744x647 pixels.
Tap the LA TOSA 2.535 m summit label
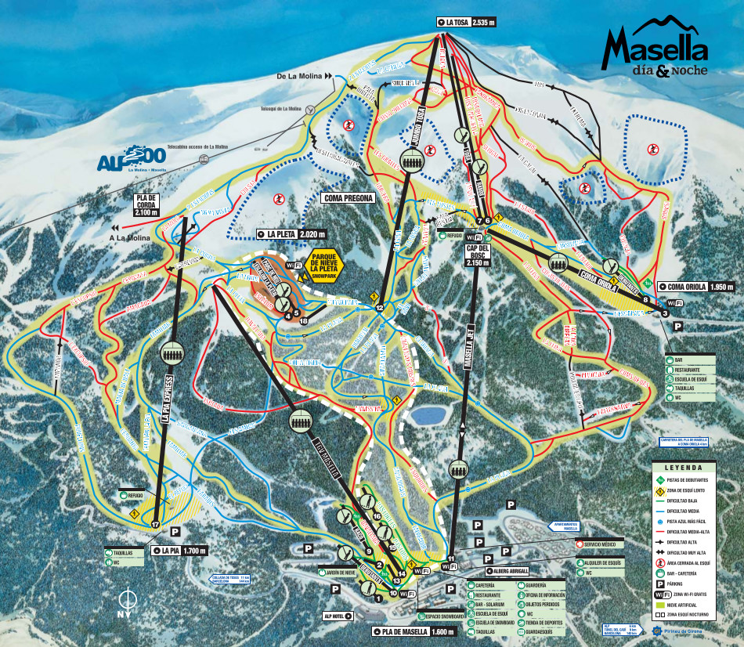coord(467,23)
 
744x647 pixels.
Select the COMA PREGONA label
coord(348,199)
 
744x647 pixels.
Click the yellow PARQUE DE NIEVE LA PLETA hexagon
coord(328,266)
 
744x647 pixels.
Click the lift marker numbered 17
coord(156,524)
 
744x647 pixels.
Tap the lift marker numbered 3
coord(664,314)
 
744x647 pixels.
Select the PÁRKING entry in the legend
coord(680,583)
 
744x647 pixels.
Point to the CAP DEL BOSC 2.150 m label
coord(477,256)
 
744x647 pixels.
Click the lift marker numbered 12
coord(379,308)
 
